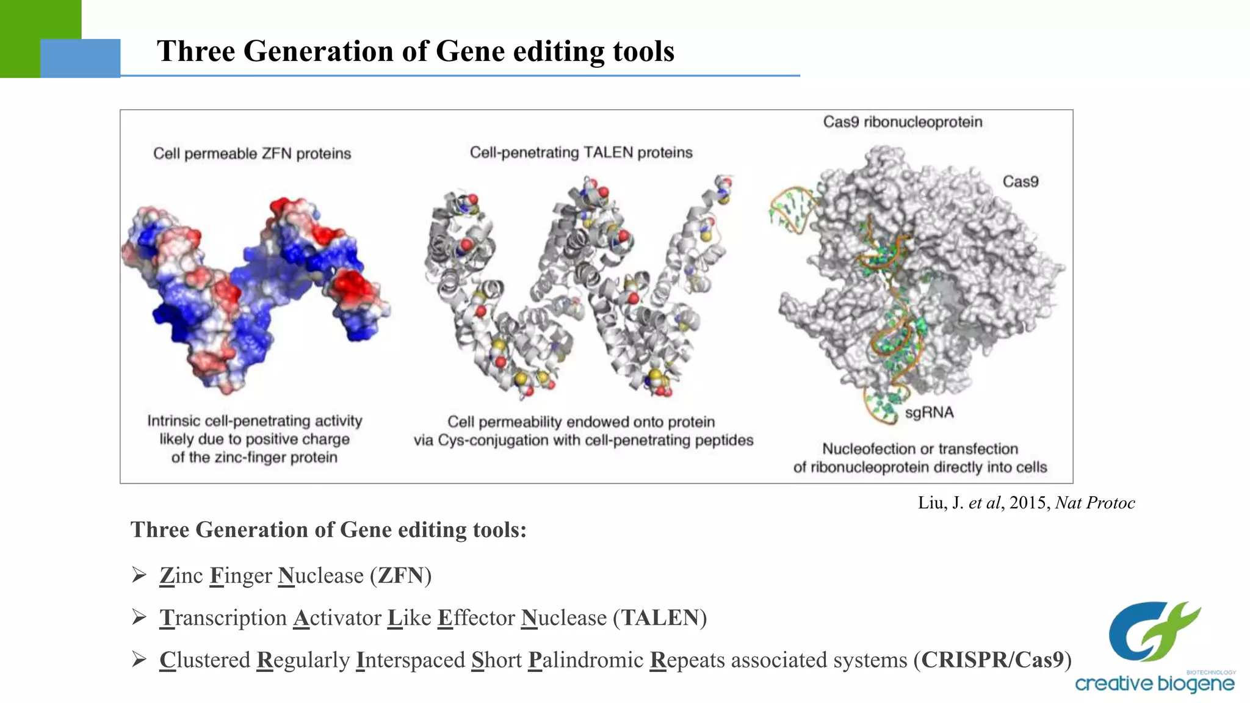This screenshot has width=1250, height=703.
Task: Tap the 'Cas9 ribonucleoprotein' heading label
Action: [x=902, y=122]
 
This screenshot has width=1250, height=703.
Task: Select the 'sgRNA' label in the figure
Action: [x=929, y=413]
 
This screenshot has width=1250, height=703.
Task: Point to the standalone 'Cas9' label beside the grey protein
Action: [x=1020, y=182]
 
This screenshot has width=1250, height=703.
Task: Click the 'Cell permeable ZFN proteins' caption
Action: [x=252, y=154]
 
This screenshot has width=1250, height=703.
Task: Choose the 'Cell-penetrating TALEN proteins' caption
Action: [x=581, y=153]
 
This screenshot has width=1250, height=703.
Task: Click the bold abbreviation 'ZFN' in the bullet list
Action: [x=400, y=575]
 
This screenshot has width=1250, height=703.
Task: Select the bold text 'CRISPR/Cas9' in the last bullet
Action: [x=992, y=660]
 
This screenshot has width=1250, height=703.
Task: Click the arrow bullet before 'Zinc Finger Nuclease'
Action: [x=139, y=575]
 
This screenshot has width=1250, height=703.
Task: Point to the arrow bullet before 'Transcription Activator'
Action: [x=139, y=618]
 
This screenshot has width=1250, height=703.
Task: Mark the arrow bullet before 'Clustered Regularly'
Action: [x=139, y=660]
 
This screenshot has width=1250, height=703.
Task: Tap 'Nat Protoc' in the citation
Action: [x=1095, y=503]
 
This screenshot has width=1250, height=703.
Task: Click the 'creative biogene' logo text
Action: [x=1154, y=683]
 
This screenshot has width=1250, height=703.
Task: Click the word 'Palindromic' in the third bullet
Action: [x=585, y=660]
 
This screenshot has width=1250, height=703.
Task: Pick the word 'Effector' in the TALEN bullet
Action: [x=476, y=618]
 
